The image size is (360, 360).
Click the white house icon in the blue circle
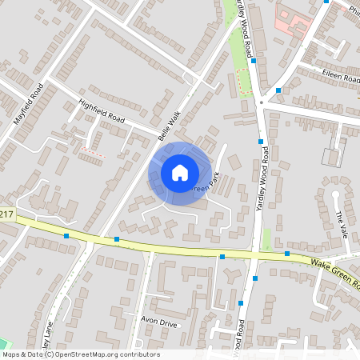(180, 172)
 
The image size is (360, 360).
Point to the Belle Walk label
(170, 126)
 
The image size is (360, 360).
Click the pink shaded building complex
(292, 19)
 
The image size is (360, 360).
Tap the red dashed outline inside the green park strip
(244, 80)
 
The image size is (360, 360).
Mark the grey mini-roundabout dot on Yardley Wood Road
(261, 102)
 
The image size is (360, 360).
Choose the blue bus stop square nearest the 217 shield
(66, 235)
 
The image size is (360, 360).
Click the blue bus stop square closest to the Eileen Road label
(278, 90)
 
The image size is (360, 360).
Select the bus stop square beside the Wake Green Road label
(287, 254)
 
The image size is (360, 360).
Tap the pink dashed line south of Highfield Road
(93, 151)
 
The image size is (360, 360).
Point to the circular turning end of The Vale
(336, 194)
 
